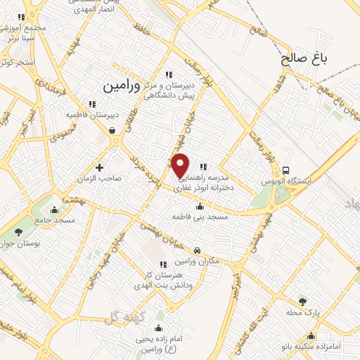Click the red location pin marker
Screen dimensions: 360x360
[x=181, y=165]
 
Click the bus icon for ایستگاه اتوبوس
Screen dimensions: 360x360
[x=285, y=169]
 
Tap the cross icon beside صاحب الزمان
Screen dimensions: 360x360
[x=100, y=167]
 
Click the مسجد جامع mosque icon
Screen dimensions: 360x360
[x=55, y=209]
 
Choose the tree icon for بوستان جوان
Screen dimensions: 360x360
[x=19, y=232]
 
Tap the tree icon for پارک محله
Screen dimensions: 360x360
[x=303, y=300]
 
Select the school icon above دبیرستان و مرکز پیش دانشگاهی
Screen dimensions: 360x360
[x=168, y=75]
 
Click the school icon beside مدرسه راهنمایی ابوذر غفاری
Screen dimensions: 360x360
[x=203, y=167]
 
